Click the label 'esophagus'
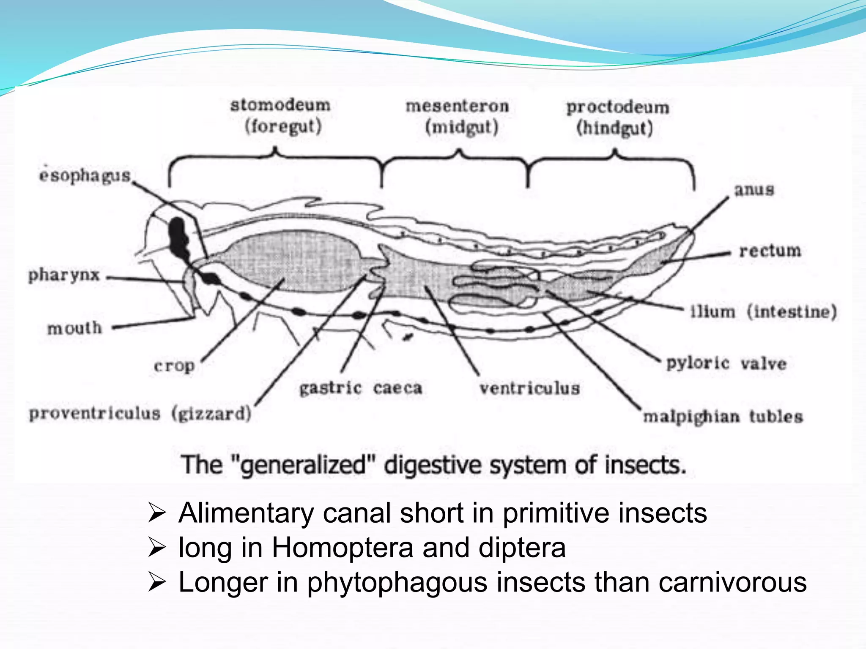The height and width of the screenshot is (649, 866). (x=85, y=175)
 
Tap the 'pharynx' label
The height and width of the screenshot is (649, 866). (x=64, y=275)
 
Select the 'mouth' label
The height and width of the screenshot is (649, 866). (x=75, y=328)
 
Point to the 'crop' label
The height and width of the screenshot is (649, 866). (x=174, y=366)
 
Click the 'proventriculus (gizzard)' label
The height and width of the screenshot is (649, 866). (x=140, y=413)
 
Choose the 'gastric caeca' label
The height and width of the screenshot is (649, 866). (x=361, y=388)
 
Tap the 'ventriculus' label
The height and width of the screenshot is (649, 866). (x=529, y=388)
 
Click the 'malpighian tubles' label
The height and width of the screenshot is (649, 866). (x=723, y=417)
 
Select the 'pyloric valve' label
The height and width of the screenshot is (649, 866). (x=726, y=363)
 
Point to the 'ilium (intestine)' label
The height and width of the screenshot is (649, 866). (x=763, y=312)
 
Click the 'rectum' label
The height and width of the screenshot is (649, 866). (x=770, y=251)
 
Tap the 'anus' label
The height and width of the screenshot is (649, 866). (x=754, y=190)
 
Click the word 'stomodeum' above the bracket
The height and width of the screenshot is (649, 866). (x=280, y=105)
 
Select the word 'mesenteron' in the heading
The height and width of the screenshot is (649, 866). (x=457, y=106)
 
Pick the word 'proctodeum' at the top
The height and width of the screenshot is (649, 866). (x=618, y=107)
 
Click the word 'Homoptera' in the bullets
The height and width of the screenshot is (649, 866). (x=342, y=548)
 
